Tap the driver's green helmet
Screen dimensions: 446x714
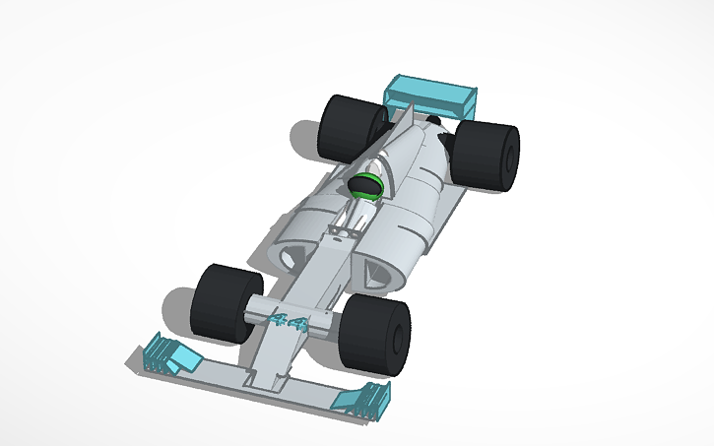[367, 185]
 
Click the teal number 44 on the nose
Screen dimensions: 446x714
[287, 320]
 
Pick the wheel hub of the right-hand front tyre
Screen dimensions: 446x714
[399, 340]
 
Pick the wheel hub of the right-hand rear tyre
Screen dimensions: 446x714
[511, 158]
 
